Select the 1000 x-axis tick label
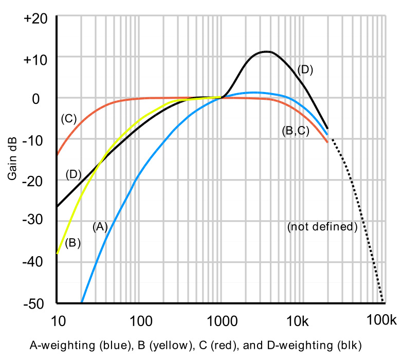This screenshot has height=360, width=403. coord(222,322)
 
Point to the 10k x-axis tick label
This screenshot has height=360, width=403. coord(300,322)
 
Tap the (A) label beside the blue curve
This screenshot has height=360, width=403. coord(100,226)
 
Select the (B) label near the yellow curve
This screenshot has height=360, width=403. coord(73,243)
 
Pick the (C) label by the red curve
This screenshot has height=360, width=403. coord(68,119)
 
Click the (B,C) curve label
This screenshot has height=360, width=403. coord(296,131)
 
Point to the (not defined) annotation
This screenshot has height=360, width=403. coord(322,226)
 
